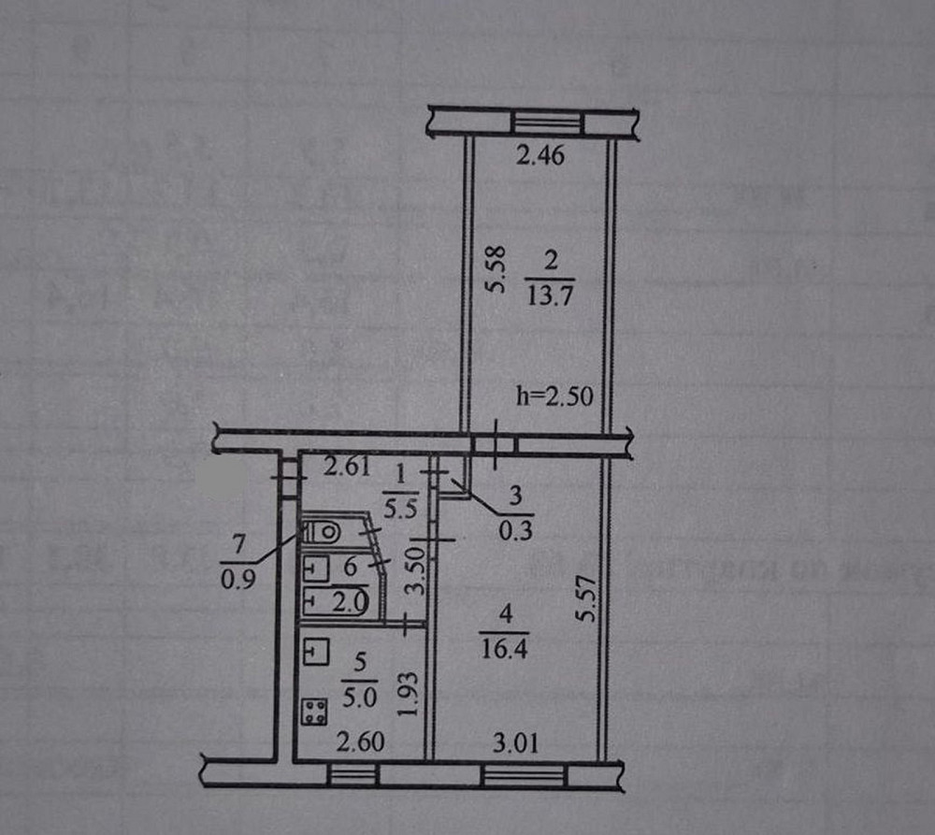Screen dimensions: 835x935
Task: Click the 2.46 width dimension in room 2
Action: point(541,156)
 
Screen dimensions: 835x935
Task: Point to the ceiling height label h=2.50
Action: point(555,396)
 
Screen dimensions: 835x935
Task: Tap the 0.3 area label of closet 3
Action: point(515,529)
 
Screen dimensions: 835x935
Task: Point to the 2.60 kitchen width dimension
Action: point(357,745)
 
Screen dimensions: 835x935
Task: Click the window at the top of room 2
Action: point(546,122)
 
